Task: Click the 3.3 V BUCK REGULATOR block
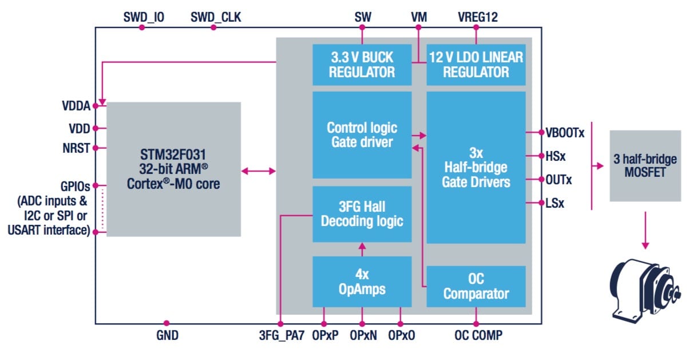coord(362,65)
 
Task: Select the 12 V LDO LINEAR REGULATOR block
coord(476,65)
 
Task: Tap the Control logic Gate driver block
coord(362,134)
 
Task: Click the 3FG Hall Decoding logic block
coord(362,213)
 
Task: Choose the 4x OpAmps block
coord(362,282)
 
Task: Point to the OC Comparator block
coord(476,286)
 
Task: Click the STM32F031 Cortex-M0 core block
coord(173,169)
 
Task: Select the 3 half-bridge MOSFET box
coord(645,165)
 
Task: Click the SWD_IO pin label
coord(144,17)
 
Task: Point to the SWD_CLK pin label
coord(216,17)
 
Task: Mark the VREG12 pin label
coord(478,17)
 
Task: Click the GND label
coord(167,336)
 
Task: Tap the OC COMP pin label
coord(478,336)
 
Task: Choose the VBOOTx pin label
coord(565,133)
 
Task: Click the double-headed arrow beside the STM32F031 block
coord(258,171)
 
